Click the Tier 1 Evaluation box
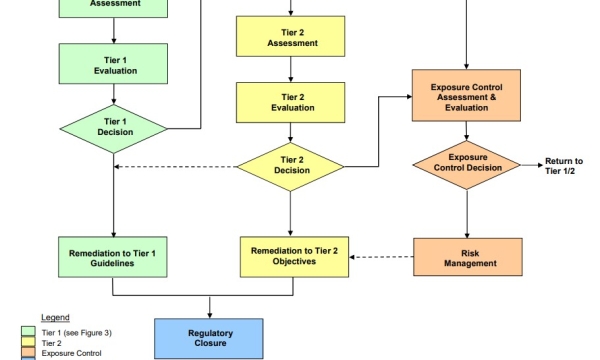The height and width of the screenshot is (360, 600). click(113, 66)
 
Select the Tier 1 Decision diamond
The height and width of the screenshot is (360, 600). click(113, 128)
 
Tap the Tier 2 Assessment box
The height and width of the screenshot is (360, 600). click(291, 37)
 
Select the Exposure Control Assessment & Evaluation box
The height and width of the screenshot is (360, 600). click(467, 95)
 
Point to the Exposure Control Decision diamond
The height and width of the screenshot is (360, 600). click(467, 163)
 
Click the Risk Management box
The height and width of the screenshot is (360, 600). click(467, 257)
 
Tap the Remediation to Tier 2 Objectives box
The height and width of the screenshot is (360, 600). click(291, 256)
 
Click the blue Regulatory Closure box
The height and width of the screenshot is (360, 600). click(209, 337)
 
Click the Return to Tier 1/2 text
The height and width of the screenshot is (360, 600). click(563, 166)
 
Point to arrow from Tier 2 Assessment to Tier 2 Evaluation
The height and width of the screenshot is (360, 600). click(291, 70)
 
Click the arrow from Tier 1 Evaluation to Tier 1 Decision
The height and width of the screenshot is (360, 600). click(113, 96)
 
